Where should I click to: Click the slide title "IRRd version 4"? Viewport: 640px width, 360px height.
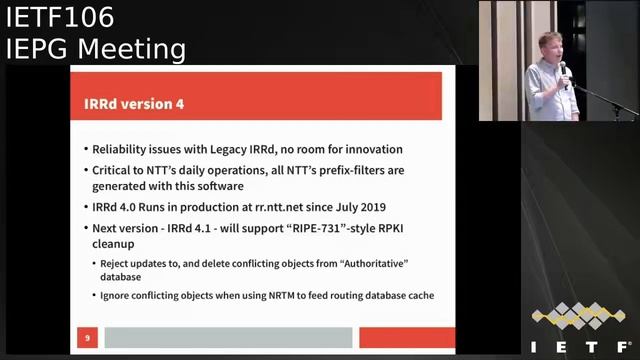[x=133, y=104]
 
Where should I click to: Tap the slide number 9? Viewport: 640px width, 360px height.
[x=87, y=338]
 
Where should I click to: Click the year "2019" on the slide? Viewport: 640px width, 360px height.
[x=378, y=208]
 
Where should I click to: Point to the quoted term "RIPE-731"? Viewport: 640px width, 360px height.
[x=307, y=229]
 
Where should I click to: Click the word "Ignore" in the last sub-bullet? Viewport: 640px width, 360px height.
[x=117, y=295]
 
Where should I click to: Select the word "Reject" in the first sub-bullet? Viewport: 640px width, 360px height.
[x=117, y=263]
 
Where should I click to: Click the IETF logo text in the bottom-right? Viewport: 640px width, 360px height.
[x=577, y=343]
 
